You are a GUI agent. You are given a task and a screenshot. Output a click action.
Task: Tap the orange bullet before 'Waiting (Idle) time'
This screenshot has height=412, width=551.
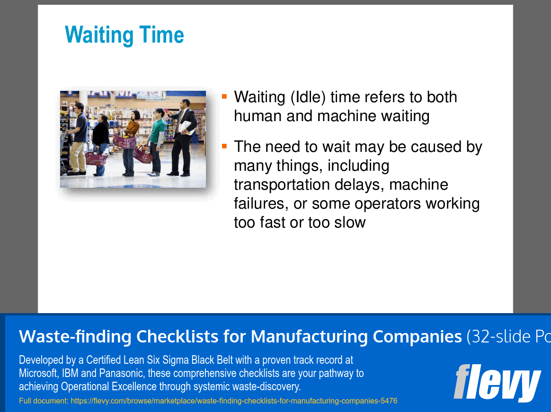[x=224, y=96]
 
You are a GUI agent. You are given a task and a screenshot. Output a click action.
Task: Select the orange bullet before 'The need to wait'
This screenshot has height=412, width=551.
[x=224, y=146]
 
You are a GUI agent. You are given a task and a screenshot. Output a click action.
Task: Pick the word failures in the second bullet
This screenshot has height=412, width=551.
[x=261, y=203]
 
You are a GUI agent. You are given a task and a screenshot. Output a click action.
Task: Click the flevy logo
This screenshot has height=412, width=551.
[x=497, y=382]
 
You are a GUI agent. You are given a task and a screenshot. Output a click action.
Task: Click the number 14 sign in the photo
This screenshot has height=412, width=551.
[x=64, y=104]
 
